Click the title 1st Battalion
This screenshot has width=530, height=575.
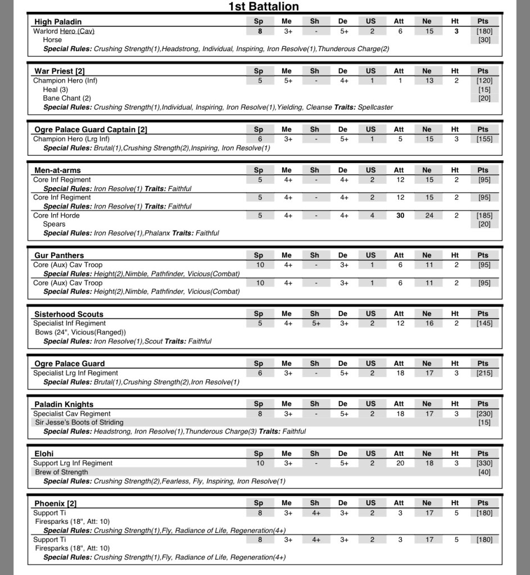pyautogui.click(x=264, y=7)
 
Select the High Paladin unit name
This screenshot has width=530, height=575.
pyautogui.click(x=58, y=22)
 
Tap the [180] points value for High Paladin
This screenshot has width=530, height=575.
pyautogui.click(x=483, y=31)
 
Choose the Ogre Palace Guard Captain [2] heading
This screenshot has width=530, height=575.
pyautogui.click(x=90, y=129)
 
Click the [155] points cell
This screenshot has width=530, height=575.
pyautogui.click(x=483, y=139)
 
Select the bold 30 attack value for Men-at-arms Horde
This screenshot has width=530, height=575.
pyautogui.click(x=400, y=215)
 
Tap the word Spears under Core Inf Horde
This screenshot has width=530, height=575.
pyautogui.click(x=54, y=224)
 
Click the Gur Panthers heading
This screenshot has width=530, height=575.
pyautogui.click(x=59, y=255)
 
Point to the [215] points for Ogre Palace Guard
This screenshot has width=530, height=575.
pyautogui.click(x=483, y=373)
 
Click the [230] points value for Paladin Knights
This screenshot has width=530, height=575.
pyautogui.click(x=483, y=414)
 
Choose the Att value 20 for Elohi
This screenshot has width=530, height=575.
pyautogui.click(x=400, y=463)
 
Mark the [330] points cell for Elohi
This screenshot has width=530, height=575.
pyautogui.click(x=483, y=463)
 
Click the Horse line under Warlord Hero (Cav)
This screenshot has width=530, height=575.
pyautogui.click(x=52, y=40)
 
